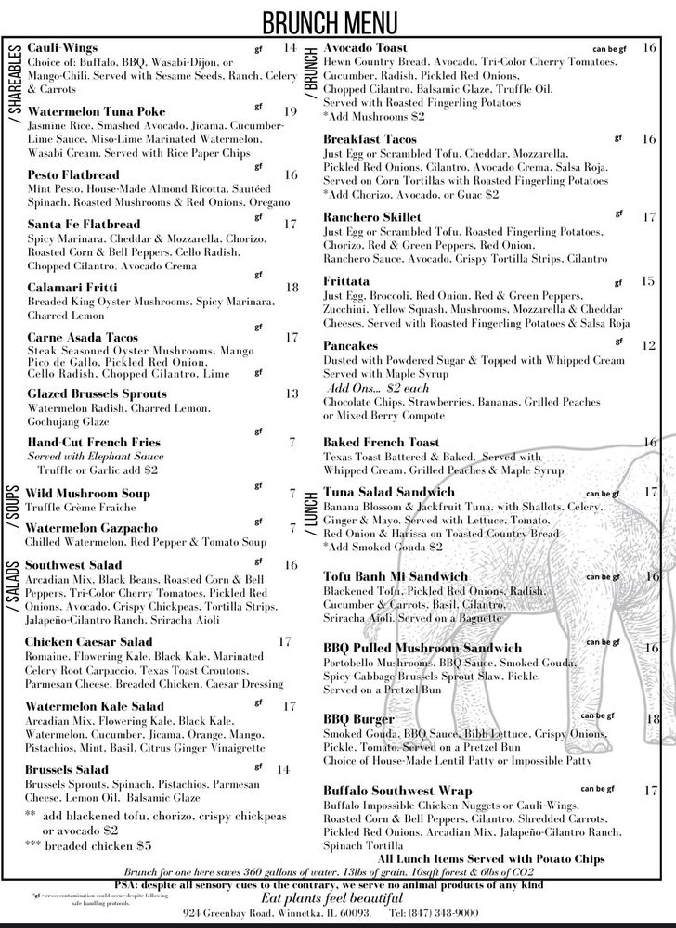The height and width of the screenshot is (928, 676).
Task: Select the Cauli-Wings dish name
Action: pyautogui.click(x=62, y=47)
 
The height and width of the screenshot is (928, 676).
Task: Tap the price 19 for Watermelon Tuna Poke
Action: pyautogui.click(x=290, y=112)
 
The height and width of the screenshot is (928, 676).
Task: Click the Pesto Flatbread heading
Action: pyautogui.click(x=72, y=174)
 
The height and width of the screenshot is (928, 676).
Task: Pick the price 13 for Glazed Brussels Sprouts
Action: pyautogui.click(x=291, y=393)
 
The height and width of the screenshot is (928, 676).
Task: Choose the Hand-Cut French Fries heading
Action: pyautogui.click(x=94, y=443)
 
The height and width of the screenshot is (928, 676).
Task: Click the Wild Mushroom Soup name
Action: pyautogui.click(x=87, y=494)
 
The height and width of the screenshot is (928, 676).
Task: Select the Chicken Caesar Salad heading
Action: pyautogui.click(x=88, y=641)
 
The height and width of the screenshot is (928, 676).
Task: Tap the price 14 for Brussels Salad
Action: pyautogui.click(x=283, y=769)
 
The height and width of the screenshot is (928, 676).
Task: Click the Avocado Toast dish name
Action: pyautogui.click(x=365, y=47)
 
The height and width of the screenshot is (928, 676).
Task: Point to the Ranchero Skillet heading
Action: pyautogui.click(x=372, y=217)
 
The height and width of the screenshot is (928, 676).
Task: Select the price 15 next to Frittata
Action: pyautogui.click(x=648, y=280)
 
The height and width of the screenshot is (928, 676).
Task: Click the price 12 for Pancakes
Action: pyautogui.click(x=649, y=345)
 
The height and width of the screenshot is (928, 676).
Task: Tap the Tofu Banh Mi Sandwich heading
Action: pyautogui.click(x=396, y=576)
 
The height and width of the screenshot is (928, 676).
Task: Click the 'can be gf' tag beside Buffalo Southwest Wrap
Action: pyautogui.click(x=600, y=789)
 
